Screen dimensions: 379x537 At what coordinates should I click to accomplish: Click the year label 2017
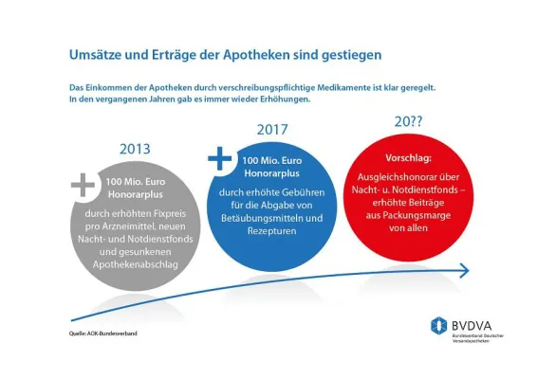pyautogui.click(x=272, y=129)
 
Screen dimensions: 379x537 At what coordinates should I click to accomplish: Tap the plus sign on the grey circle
pyautogui.click(x=83, y=182)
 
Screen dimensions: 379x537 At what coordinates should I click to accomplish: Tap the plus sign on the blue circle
pyautogui.click(x=220, y=158)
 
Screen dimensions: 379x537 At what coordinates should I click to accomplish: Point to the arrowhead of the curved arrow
pyautogui.click(x=462, y=272)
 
